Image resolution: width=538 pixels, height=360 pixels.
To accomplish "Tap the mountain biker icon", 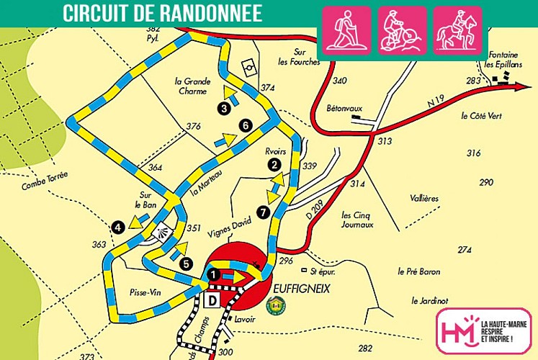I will pos(403,31).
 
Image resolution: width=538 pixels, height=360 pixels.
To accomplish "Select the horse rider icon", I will pos(458,31).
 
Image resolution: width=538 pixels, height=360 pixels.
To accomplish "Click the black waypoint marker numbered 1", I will pos(212,274).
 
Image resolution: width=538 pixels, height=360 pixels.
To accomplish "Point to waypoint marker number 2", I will pos(274,164).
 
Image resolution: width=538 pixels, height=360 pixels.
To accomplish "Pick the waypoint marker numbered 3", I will pos(225,108).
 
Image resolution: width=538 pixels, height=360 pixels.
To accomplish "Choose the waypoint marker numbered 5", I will pos(186,264).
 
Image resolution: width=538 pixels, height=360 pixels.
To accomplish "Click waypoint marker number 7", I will pos(263,212).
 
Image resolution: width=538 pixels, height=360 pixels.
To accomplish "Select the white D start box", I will pos(214,299).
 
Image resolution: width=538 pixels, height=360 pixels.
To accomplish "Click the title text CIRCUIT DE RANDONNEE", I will pos(162,14).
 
